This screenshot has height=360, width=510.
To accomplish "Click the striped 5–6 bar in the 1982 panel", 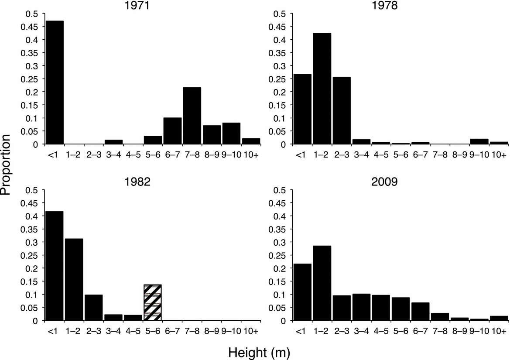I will pyautogui.click(x=153, y=302).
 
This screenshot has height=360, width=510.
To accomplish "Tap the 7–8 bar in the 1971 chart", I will pyautogui.click(x=192, y=116).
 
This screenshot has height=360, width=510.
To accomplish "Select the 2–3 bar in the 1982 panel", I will pyautogui.click(x=94, y=308).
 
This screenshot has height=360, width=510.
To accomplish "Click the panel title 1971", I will pyautogui.click(x=143, y=6).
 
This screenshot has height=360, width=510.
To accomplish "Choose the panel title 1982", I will pyautogui.click(x=143, y=182).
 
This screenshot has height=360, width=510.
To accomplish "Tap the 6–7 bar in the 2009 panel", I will pyautogui.click(x=420, y=312).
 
